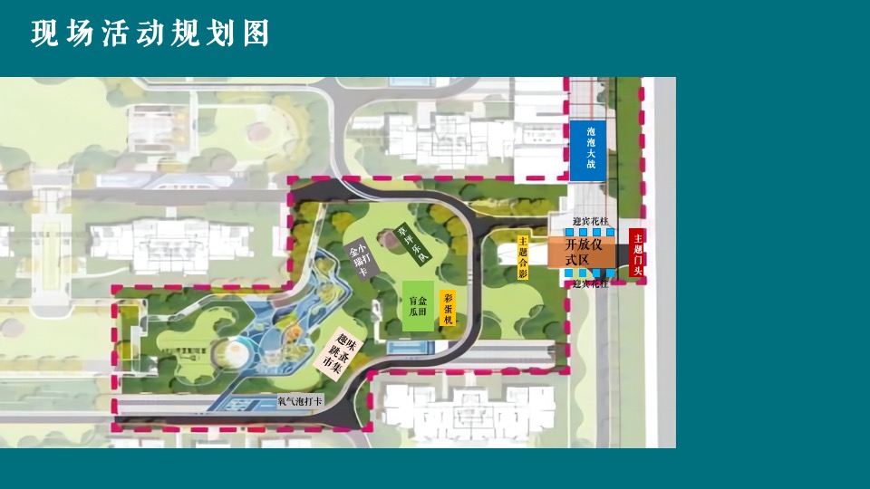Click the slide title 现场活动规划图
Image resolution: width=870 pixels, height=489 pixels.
[x=150, y=34]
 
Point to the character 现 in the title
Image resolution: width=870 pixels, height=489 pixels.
[x=43, y=34]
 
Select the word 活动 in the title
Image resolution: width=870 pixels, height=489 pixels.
[x=114, y=34]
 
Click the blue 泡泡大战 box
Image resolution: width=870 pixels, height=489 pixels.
[x=590, y=149]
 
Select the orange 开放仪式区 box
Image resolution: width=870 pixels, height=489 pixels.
[x=581, y=253]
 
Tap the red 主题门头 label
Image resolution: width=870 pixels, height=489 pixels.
[x=636, y=253]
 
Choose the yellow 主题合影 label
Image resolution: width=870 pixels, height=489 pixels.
[x=523, y=258]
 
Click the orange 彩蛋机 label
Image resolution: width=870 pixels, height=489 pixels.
[x=448, y=309]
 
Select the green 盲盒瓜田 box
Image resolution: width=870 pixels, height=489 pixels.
[x=418, y=305]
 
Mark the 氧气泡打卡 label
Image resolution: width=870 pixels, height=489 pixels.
[x=299, y=400]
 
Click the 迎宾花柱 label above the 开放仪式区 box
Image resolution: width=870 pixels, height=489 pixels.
[x=590, y=222]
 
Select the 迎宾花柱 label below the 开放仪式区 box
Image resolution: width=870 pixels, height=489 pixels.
[x=590, y=283]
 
